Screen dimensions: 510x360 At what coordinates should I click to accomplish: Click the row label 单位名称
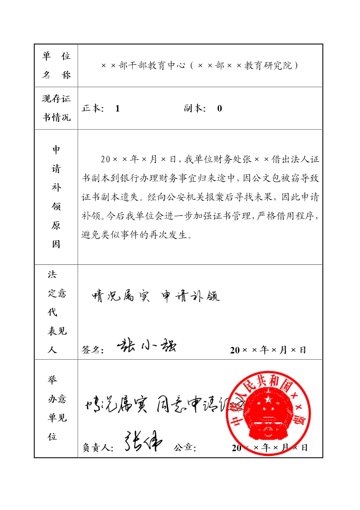56,65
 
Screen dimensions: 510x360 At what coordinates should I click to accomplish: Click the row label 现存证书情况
56,108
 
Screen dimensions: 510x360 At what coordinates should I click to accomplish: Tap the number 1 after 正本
117,109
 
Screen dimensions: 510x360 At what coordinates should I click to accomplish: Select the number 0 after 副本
220,109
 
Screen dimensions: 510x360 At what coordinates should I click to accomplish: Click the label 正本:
93,108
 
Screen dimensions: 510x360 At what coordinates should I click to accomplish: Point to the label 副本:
195,108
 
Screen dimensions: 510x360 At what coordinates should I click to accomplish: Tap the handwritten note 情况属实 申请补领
156,296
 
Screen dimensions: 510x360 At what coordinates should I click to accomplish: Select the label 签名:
93,350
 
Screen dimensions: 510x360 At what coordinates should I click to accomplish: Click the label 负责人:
98,448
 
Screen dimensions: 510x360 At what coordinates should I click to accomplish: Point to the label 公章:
185,448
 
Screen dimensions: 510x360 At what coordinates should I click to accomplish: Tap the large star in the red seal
268,400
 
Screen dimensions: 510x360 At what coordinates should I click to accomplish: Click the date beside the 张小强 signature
268,350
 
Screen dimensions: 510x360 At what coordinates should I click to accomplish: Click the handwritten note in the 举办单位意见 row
160,404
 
